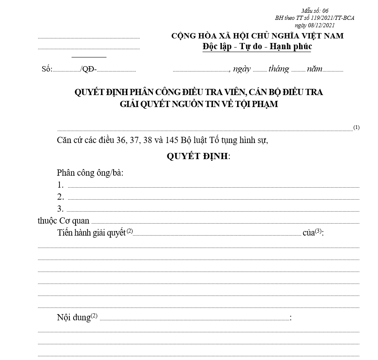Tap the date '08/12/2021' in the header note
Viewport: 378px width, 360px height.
click(x=322, y=25)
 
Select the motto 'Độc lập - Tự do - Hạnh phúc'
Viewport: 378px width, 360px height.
click(x=257, y=47)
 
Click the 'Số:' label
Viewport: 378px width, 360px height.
click(x=47, y=69)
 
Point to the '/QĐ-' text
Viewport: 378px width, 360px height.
click(x=89, y=69)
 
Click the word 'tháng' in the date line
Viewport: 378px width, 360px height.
click(x=279, y=69)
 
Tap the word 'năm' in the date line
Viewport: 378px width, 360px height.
click(x=314, y=69)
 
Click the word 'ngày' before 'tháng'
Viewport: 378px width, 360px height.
click(x=242, y=69)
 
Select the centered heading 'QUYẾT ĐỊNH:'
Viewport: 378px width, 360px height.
click(x=198, y=157)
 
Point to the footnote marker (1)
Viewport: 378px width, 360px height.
click(x=357, y=128)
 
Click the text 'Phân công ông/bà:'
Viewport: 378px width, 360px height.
click(x=90, y=173)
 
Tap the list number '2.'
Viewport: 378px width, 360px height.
click(x=61, y=197)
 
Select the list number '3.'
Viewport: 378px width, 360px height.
click(x=60, y=209)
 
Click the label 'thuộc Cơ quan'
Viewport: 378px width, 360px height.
click(x=63, y=221)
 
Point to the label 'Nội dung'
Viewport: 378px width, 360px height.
click(x=74, y=317)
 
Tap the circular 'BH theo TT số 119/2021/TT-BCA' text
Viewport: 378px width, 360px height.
click(x=315, y=18)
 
